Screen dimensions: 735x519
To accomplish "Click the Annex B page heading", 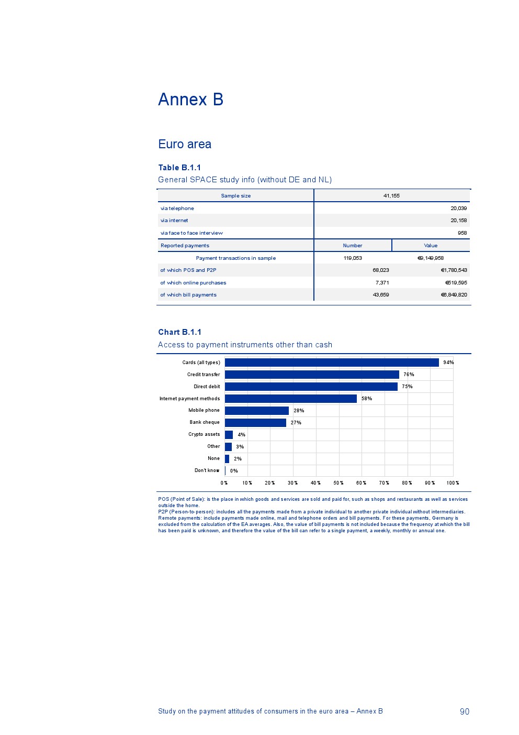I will tap(190, 100).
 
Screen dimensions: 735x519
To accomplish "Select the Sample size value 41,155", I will tap(391, 196).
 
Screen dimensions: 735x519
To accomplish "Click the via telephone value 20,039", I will tap(458, 209).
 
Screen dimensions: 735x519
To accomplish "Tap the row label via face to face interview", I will tap(191, 233).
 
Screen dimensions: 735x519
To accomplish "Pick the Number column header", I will tap(353, 246).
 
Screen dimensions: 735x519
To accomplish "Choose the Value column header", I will tap(431, 246).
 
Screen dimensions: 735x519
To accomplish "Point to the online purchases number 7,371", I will tap(382, 283).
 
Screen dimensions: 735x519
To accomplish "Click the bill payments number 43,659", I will tap(380, 295).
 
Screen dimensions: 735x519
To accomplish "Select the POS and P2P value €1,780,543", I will tap(454, 270).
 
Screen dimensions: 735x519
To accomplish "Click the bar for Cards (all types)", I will tap(332, 363).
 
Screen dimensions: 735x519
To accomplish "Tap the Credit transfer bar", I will tap(312, 375).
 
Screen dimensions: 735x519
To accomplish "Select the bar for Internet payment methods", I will tap(291, 399).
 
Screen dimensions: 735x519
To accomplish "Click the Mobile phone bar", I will tap(256, 411).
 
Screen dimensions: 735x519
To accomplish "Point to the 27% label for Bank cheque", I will tap(296, 423).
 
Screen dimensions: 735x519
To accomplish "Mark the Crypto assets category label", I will tap(204, 434).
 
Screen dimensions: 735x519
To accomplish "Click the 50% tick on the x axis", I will tap(339, 483).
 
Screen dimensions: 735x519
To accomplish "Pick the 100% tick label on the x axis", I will tap(453, 483).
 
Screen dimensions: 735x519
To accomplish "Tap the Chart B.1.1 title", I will tap(180, 332).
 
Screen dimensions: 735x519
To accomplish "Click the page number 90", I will tap(465, 711).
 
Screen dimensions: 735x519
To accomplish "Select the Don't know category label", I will tap(207, 470).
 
